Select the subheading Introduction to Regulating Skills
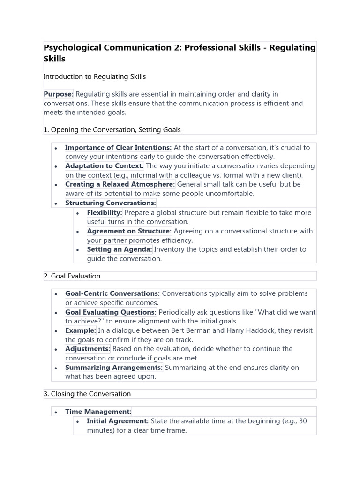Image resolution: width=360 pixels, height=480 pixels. click(95, 76)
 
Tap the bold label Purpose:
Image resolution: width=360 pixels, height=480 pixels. click(59, 94)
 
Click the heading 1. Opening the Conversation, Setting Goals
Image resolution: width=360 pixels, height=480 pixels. click(112, 129)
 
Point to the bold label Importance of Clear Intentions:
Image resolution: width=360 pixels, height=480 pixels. click(119, 148)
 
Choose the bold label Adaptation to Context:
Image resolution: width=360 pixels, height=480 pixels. click(105, 166)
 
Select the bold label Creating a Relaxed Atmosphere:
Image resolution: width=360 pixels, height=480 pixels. click(120, 184)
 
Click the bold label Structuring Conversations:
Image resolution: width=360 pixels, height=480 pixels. click(111, 203)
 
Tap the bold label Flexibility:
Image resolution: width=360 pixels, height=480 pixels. click(105, 213)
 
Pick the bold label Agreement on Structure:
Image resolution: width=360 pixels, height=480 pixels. click(129, 231)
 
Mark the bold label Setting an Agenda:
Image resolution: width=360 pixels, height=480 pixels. click(120, 249)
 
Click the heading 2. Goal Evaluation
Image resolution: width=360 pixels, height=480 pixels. click(72, 276)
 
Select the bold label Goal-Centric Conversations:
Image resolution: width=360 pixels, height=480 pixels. click(112, 293)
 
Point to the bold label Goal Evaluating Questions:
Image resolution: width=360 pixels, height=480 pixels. click(111, 312)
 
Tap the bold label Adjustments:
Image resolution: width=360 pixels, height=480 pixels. click(88, 349)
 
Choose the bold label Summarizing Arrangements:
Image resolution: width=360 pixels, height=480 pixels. click(114, 367)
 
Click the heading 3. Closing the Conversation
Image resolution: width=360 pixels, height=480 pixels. click(87, 394)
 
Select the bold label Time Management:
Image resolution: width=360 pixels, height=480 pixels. click(98, 412)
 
